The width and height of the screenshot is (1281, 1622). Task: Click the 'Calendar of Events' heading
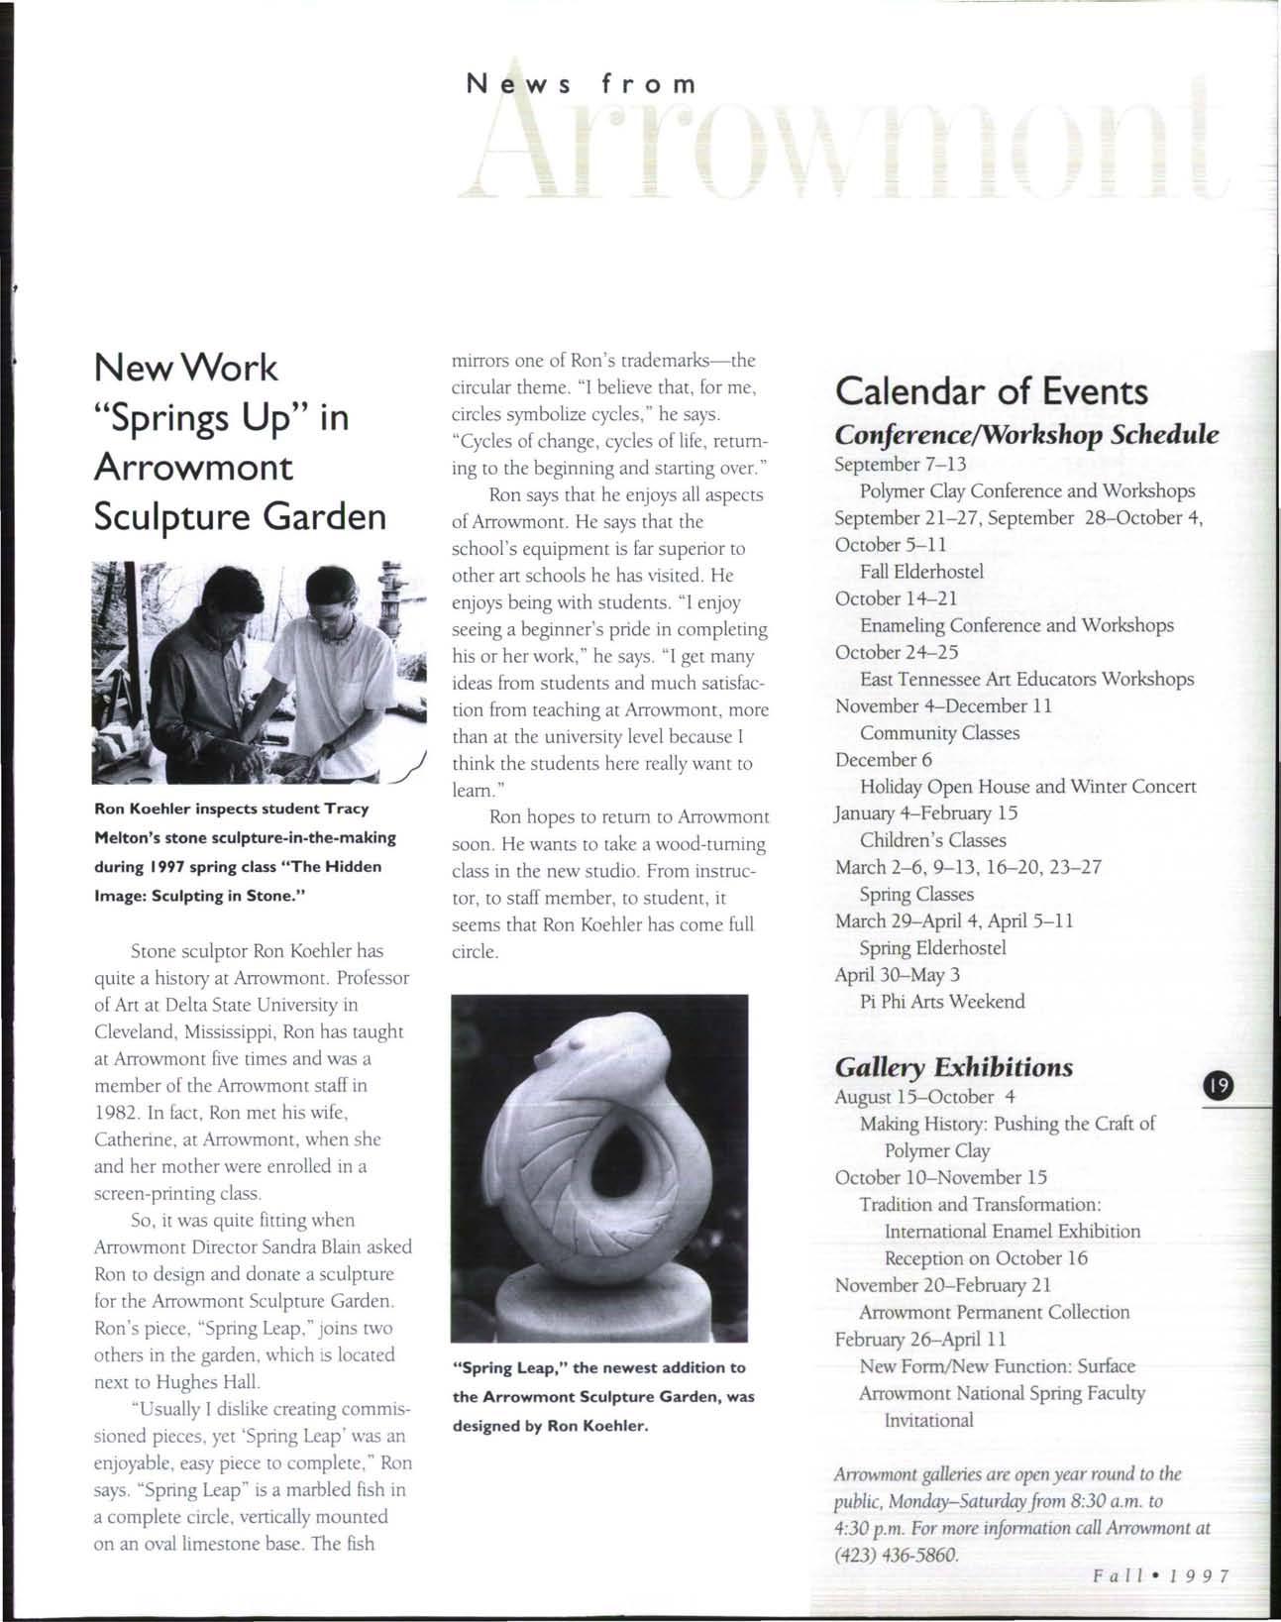pyautogui.click(x=992, y=391)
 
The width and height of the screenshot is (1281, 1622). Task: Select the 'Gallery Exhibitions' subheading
pyautogui.click(x=954, y=1067)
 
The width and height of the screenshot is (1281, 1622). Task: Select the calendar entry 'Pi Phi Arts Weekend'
pyautogui.click(x=942, y=1001)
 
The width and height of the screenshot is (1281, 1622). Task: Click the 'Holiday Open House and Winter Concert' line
pyautogui.click(x=1027, y=787)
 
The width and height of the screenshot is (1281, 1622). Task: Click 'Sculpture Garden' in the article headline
pyautogui.click(x=239, y=516)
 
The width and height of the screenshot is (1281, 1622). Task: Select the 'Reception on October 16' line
pyautogui.click(x=986, y=1258)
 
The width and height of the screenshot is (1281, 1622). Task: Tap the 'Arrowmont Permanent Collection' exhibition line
pyautogui.click(x=994, y=1312)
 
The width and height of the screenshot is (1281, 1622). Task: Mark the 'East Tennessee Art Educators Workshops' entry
pyautogui.click(x=1026, y=679)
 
